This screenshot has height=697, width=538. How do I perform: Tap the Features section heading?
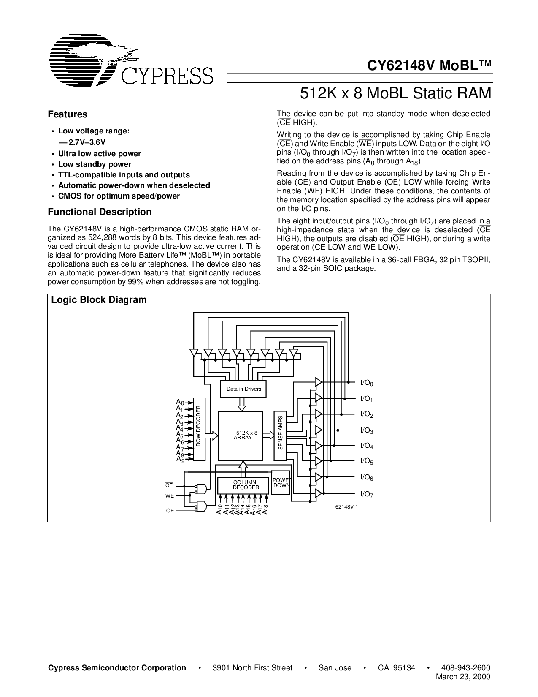click(68, 114)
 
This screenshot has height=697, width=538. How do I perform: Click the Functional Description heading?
click(100, 212)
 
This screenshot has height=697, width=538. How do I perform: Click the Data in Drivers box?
click(243, 389)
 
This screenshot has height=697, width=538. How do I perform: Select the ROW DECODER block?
click(199, 429)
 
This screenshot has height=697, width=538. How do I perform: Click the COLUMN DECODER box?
click(244, 485)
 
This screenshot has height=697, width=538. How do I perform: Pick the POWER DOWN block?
click(281, 483)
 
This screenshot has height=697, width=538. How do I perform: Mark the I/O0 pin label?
click(367, 383)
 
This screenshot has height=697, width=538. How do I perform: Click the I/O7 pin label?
click(367, 494)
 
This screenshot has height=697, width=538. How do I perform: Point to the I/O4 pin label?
click(367, 446)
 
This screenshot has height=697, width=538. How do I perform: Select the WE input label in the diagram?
click(169, 496)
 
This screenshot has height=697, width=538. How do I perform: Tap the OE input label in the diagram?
click(170, 511)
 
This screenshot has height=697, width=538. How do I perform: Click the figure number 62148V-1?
click(346, 507)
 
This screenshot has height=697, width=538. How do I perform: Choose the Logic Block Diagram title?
click(99, 300)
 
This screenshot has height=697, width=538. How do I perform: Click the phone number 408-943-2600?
click(465, 668)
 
